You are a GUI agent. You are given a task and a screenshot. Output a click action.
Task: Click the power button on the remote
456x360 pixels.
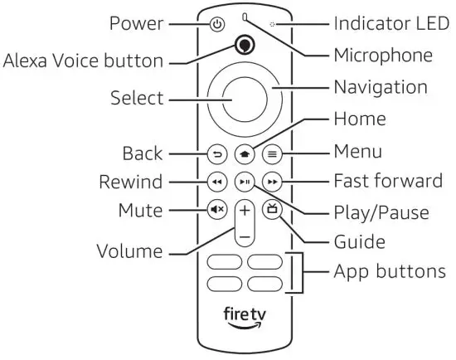pos(217,24)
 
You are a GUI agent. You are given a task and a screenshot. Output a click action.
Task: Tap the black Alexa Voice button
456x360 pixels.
pos(243,46)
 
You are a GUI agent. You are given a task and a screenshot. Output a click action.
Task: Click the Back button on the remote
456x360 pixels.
pos(217,153)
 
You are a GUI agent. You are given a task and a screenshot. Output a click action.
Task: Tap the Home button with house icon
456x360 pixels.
pos(244,153)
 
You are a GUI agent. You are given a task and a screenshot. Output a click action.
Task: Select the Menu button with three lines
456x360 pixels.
pos(270,153)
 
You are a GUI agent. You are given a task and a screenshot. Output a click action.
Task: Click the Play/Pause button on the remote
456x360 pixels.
pos(244,181)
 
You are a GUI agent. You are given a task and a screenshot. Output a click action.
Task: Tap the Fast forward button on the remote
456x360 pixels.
pos(270,181)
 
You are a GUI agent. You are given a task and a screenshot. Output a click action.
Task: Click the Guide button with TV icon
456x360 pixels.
pos(270,210)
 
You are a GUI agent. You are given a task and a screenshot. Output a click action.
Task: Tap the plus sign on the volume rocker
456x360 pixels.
pos(244,210)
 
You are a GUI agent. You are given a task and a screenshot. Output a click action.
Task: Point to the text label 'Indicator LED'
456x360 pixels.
pos(388,22)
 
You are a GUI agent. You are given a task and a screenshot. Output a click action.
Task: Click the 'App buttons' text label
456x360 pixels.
pos(389,272)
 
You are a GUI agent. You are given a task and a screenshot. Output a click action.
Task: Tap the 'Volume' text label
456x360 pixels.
pos(129,250)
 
